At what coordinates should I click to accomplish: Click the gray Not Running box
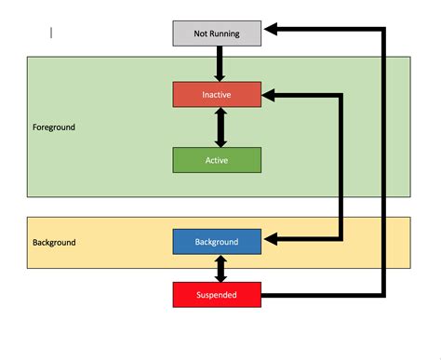[217, 33]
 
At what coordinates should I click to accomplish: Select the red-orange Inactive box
[217, 94]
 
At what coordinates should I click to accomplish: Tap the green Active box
[217, 160]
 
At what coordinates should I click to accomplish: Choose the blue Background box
[217, 242]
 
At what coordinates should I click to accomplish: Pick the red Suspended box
[217, 295]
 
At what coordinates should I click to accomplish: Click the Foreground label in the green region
[54, 127]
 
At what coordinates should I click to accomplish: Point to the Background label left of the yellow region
[54, 242]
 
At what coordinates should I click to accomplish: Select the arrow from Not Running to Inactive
[220, 62]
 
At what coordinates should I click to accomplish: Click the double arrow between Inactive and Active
[220, 127]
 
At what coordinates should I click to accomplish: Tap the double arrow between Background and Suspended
[220, 268]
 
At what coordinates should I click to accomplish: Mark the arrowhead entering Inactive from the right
[271, 94]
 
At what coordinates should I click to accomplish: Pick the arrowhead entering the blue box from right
[271, 240]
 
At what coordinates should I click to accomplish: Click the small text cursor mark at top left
[51, 33]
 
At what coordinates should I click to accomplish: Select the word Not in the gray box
[200, 33]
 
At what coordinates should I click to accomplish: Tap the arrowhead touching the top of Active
[220, 141]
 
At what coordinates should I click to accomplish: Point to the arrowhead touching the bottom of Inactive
[220, 113]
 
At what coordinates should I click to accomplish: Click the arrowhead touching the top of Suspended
[220, 277]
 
